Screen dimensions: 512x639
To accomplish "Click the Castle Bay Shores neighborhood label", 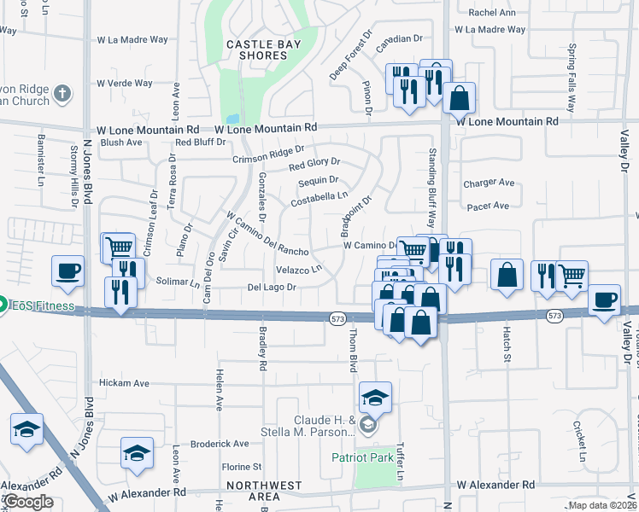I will click(x=256, y=49).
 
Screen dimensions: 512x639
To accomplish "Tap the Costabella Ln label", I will click(x=319, y=199).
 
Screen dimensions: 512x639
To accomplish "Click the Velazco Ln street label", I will click(x=298, y=270).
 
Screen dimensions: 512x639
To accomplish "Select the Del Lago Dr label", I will click(x=272, y=288).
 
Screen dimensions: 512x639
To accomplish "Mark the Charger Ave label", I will click(x=489, y=183).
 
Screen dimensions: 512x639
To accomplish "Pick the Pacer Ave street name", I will click(x=488, y=206).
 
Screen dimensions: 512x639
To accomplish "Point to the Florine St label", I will click(x=242, y=467).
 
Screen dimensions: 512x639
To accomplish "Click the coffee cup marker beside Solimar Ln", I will click(x=67, y=271).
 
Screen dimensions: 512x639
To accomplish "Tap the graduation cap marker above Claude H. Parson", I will click(x=375, y=398).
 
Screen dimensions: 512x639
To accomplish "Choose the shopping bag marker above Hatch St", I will click(x=507, y=275).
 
